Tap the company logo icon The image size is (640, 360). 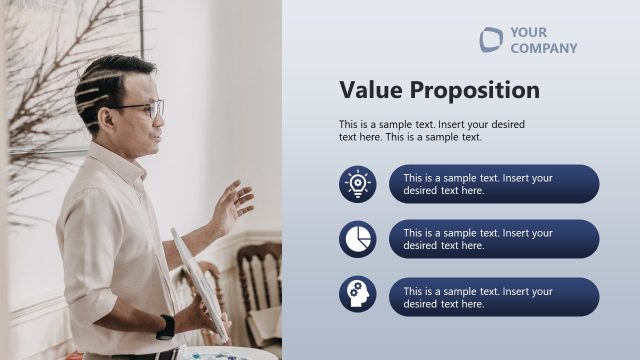[491, 39]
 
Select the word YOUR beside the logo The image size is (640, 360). [528, 32]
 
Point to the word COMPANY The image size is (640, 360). [543, 48]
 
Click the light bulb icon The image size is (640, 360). [357, 184]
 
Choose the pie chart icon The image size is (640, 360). [357, 239]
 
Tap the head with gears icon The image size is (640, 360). [357, 294]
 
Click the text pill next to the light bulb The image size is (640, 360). [493, 184]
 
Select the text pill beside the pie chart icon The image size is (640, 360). [493, 239]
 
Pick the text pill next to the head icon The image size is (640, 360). [493, 297]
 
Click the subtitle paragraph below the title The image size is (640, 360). [431, 130]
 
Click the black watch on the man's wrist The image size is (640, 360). [165, 327]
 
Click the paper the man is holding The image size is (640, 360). [199, 281]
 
